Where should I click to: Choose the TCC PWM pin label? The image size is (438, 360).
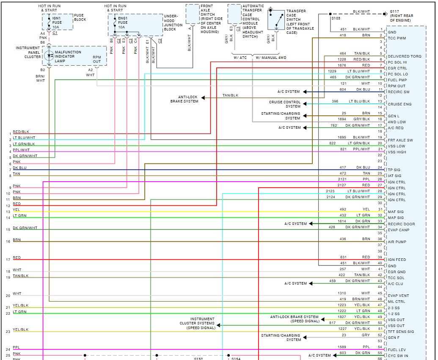point(397,39)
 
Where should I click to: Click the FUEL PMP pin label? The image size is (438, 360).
point(397,80)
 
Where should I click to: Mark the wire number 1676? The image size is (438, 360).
point(342,65)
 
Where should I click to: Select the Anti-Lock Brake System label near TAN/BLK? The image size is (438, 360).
point(185,99)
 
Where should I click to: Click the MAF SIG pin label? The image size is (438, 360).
point(396,212)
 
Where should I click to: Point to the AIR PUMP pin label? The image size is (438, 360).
point(397,242)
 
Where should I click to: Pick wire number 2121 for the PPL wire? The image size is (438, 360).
point(342,179)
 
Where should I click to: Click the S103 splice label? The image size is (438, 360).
point(336,18)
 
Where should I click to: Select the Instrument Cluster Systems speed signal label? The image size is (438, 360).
point(197,324)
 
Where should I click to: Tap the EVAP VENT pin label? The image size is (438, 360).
point(398,296)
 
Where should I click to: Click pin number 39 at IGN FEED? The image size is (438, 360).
point(380,257)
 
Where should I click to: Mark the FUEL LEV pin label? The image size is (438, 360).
point(397,350)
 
